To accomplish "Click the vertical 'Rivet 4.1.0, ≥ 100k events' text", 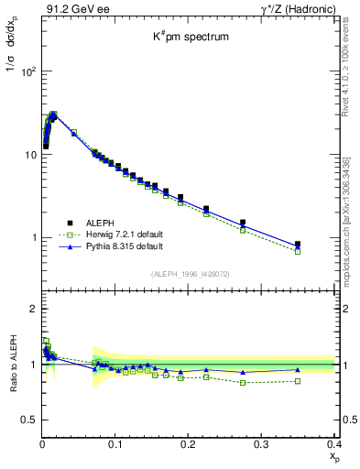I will [x=345, y=63].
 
